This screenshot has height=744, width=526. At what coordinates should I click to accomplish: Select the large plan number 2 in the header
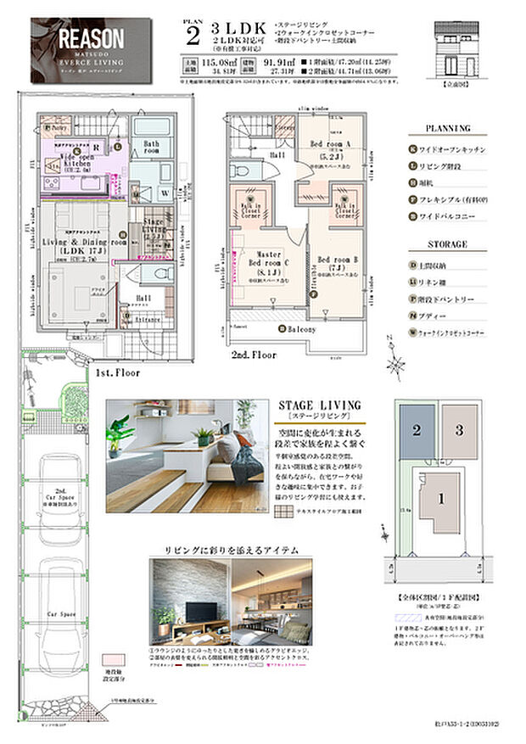pyautogui.click(x=193, y=36)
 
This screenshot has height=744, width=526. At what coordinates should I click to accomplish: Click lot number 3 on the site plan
pyautogui.click(x=458, y=430)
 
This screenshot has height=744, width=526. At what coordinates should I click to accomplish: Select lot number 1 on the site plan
pyautogui.click(x=440, y=499)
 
